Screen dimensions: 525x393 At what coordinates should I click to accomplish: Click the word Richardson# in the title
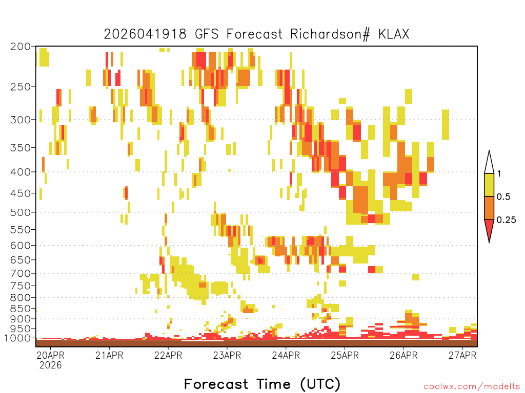click(x=330, y=34)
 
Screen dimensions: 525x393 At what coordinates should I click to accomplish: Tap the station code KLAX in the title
click(x=394, y=34)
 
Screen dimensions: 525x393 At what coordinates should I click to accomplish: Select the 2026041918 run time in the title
click(x=145, y=34)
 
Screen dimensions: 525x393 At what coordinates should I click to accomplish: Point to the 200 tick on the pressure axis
click(x=20, y=47)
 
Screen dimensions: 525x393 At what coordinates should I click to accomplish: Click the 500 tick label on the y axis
click(x=20, y=212)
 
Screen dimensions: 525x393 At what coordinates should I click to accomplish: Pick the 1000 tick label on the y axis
click(x=17, y=338)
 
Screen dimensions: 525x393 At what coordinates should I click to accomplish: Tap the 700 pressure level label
click(x=20, y=273)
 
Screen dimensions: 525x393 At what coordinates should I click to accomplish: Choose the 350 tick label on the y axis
click(x=20, y=148)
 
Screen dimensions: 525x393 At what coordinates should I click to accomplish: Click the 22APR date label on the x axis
click(x=168, y=355)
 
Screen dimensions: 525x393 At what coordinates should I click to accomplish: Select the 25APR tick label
click(x=345, y=355)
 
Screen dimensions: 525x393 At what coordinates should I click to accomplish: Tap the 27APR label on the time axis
click(x=462, y=355)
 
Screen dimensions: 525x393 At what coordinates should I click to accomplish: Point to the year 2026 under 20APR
click(x=51, y=365)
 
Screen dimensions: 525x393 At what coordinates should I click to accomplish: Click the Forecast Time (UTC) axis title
click(x=262, y=384)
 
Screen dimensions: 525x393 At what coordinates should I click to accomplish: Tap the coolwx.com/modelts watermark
click(x=472, y=387)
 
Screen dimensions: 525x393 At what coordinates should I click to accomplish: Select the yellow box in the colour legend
click(x=489, y=185)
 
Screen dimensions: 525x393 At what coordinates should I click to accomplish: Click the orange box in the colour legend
click(x=489, y=208)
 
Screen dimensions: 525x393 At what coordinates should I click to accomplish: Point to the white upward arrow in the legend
click(x=489, y=162)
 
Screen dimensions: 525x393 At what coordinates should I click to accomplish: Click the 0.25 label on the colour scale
click(x=506, y=220)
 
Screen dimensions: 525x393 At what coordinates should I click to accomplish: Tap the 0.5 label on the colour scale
click(x=503, y=197)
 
